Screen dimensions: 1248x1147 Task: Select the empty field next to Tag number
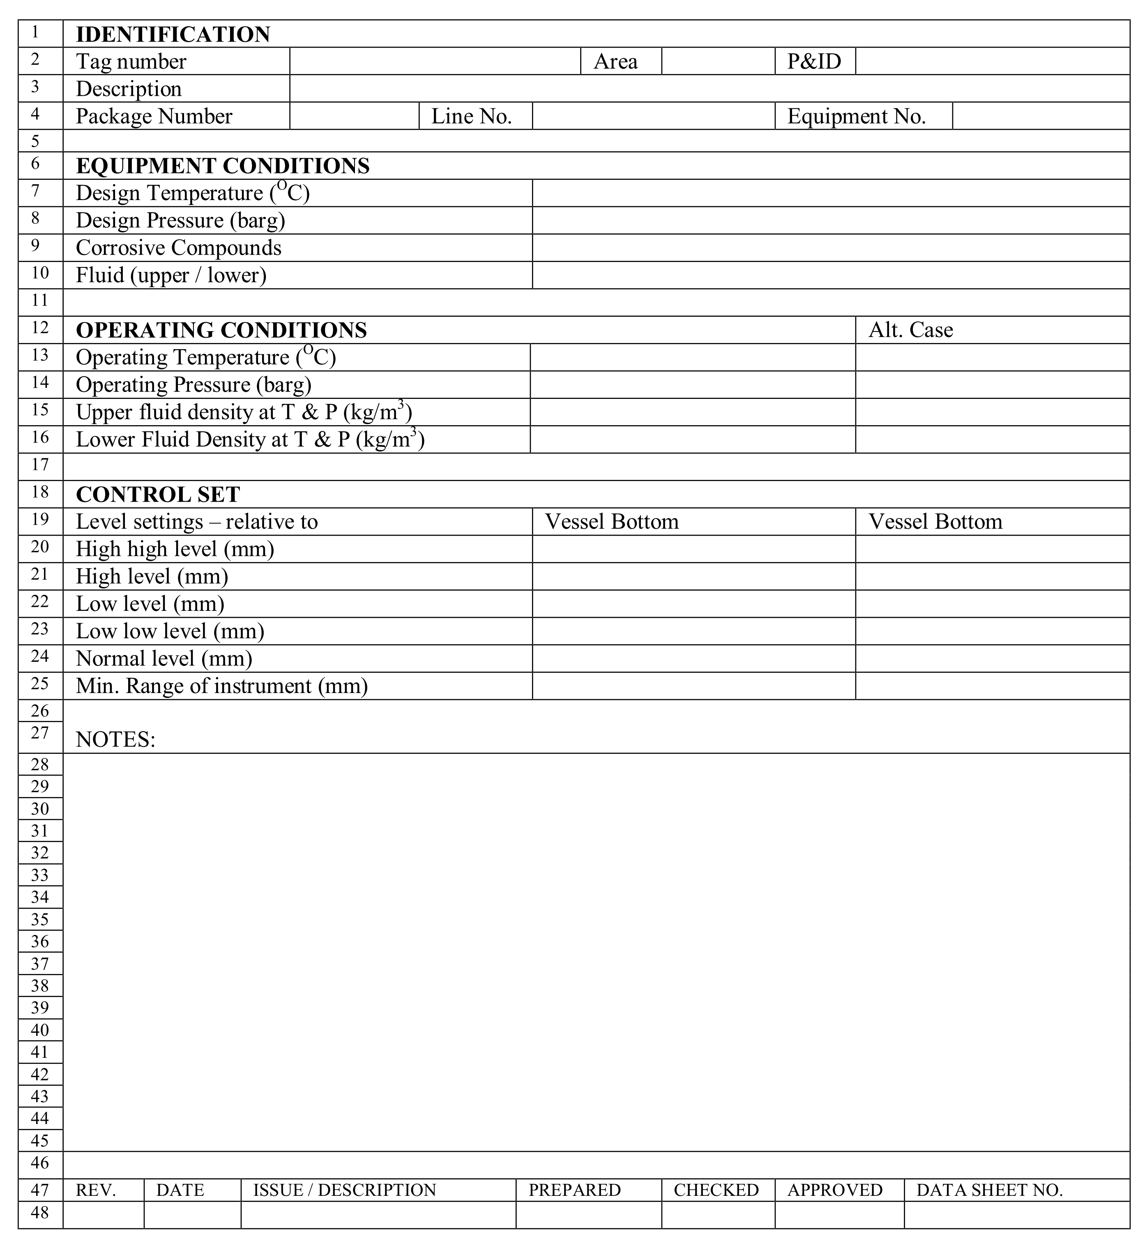coord(435,62)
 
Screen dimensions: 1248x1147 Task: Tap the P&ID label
coord(814,62)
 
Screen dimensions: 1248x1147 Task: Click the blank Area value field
coord(718,62)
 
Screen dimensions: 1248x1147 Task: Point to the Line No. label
coord(471,116)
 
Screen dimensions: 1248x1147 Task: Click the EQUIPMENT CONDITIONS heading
coord(222,166)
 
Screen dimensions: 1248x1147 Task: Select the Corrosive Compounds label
coord(178,248)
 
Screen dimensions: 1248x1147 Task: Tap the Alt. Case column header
coord(910,329)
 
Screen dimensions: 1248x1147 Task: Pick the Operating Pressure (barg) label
coord(193,385)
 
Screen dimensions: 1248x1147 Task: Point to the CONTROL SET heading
coord(158,494)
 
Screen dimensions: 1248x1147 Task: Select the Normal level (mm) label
coord(164,659)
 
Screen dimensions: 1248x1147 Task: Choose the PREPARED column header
coord(574,1190)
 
